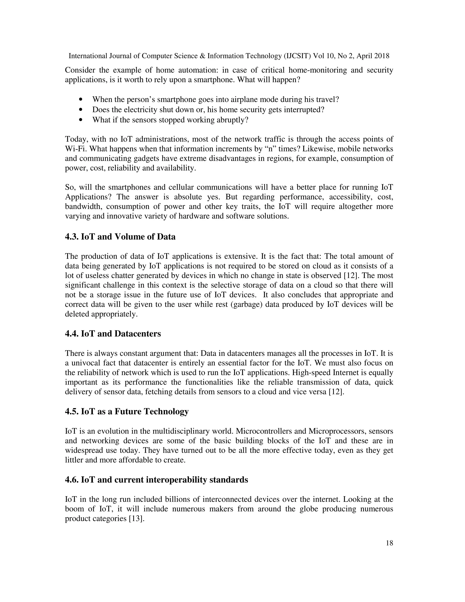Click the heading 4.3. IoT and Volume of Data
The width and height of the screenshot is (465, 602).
tap(120, 237)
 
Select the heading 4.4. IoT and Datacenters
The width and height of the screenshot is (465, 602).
tap(113, 334)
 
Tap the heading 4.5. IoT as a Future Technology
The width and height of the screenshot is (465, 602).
tap(127, 412)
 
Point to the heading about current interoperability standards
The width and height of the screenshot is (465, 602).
tap(156, 480)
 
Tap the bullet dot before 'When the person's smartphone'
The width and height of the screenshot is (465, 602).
tap(81, 100)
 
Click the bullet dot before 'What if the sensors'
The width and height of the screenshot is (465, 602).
tap(81, 120)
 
